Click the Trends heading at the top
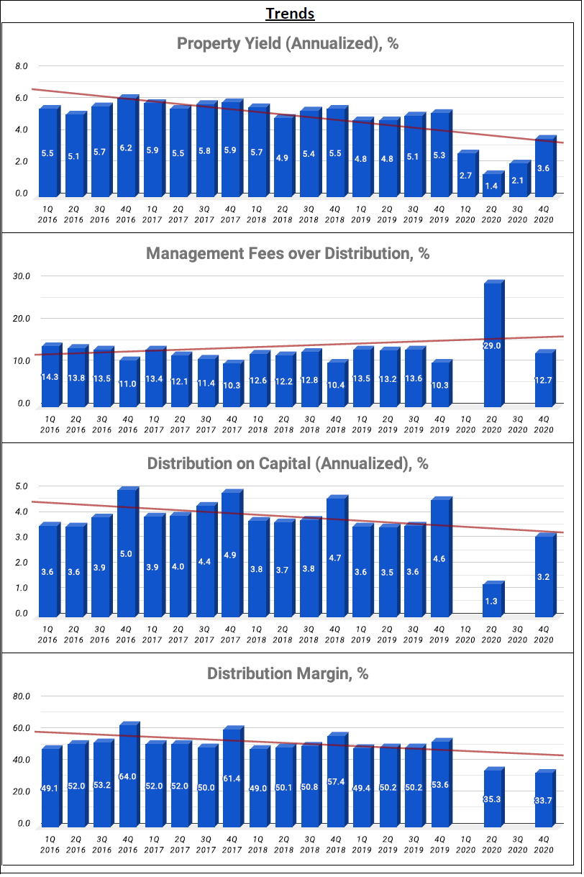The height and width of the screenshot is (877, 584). [290, 13]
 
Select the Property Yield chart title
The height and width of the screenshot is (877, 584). [288, 43]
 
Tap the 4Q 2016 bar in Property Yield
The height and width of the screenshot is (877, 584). [126, 147]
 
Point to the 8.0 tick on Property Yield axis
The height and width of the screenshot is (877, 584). [21, 66]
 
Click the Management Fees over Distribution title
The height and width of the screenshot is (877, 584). [288, 253]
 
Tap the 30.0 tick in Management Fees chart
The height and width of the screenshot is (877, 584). [22, 276]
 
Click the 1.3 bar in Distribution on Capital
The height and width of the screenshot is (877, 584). [491, 601]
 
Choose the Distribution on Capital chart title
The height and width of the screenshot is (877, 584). [288, 463]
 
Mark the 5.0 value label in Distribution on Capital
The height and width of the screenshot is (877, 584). [126, 554]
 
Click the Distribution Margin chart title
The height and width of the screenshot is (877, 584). [288, 673]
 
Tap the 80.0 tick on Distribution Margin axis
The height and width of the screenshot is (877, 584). [22, 696]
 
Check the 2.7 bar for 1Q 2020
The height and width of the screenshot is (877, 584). [465, 174]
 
